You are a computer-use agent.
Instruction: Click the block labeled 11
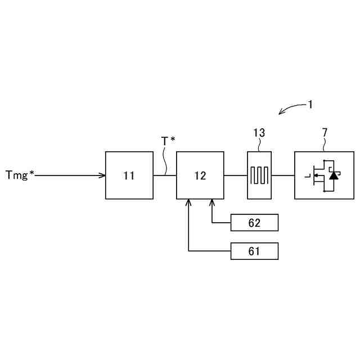click(x=129, y=175)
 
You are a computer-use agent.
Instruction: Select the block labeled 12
click(x=200, y=175)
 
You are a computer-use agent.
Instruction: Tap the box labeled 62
click(x=254, y=223)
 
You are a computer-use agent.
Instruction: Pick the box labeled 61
click(x=254, y=251)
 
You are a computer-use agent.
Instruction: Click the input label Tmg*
click(x=20, y=175)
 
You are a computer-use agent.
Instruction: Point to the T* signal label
click(x=168, y=141)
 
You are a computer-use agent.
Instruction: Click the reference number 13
click(x=259, y=133)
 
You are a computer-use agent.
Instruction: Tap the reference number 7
click(x=325, y=133)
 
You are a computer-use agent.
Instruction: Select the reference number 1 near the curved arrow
click(x=310, y=104)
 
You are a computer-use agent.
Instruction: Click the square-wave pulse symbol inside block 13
click(x=260, y=175)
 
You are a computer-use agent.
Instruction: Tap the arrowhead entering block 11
click(x=103, y=175)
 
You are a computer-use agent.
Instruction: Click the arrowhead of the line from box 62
click(x=212, y=201)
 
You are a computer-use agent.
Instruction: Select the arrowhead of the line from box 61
click(x=188, y=201)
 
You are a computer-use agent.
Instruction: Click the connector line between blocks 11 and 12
click(x=164, y=175)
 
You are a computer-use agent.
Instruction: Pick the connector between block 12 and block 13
click(x=235, y=175)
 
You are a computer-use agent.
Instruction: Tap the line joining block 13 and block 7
click(x=283, y=175)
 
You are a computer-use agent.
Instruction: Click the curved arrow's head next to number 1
click(x=281, y=112)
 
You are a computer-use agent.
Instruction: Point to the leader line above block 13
click(x=259, y=145)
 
